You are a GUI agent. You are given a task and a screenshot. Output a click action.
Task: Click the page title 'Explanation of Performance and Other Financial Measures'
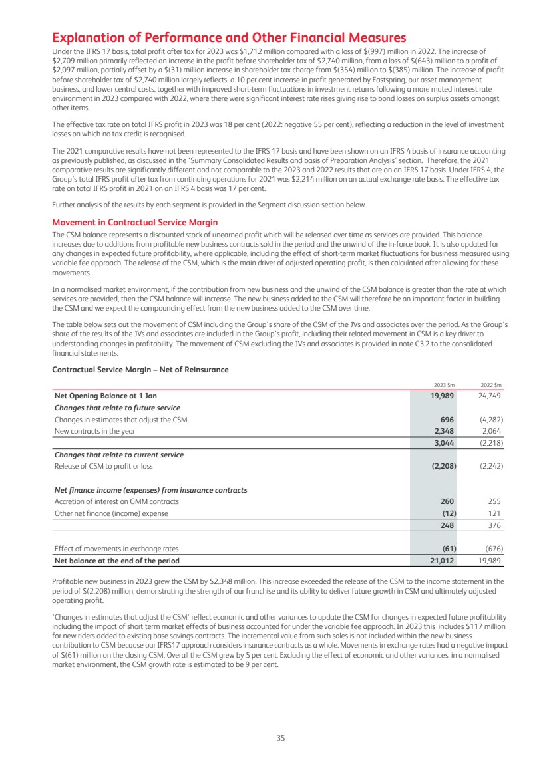[229, 38]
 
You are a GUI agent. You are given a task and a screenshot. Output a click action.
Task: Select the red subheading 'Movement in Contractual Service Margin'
[134, 222]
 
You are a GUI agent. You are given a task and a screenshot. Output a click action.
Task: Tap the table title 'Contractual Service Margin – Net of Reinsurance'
[140, 370]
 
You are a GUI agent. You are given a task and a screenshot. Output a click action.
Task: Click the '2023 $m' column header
[444, 385]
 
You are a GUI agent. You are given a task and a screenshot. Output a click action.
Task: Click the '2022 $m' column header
[490, 385]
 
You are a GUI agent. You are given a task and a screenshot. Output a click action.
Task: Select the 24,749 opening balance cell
[489, 396]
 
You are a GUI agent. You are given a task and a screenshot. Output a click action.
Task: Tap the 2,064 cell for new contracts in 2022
[490, 431]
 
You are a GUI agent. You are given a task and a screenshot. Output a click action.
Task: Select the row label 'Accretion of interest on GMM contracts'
[116, 501]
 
